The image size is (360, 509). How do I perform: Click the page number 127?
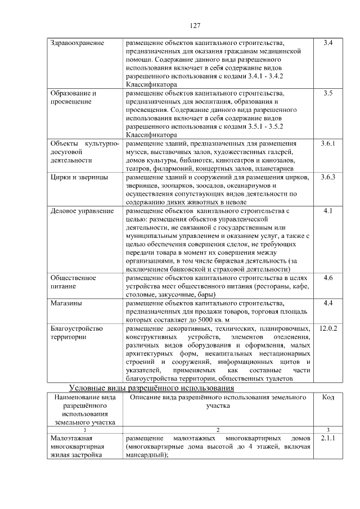coord(196,25)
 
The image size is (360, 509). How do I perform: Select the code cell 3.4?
coord(328,42)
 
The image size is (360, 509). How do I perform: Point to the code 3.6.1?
coord(328,143)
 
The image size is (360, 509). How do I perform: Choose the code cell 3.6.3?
coord(328,177)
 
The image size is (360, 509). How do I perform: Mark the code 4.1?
coord(328,211)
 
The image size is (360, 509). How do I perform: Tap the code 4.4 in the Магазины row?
coord(328,303)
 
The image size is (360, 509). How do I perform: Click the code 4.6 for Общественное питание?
coord(328,278)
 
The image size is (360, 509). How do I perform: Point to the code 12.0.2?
coord(328,328)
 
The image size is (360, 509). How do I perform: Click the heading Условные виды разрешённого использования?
coord(151,388)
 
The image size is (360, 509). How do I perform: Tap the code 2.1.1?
coord(328,437)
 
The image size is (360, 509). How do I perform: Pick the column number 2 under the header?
coord(217,429)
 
